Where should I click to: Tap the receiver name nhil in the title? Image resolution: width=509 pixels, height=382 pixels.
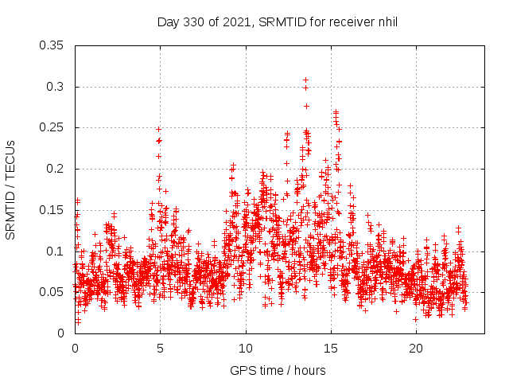[385, 21]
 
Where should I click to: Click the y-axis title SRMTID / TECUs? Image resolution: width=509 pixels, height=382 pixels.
[10, 189]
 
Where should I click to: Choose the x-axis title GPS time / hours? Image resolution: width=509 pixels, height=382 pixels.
[278, 370]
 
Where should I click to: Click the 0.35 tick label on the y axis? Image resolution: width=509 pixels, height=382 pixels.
[52, 45]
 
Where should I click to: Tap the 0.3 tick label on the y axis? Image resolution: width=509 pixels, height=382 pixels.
[56, 87]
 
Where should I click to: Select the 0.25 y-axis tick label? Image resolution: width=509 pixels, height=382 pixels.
[52, 128]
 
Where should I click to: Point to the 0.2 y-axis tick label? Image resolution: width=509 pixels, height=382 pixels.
[56, 169]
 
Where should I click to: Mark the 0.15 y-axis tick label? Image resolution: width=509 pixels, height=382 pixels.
[52, 210]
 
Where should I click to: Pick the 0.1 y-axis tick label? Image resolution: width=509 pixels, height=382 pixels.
[56, 251]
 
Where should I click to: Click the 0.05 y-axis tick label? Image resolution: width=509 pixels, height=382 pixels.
[52, 292]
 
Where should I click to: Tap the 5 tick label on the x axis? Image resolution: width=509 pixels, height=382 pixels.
[160, 349]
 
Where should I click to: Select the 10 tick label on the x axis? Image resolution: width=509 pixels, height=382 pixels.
[246, 349]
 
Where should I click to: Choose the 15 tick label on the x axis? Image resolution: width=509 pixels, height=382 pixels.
[331, 349]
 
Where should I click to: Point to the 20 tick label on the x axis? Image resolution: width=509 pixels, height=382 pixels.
[416, 349]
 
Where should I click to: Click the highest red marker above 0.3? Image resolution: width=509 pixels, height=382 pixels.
[305, 80]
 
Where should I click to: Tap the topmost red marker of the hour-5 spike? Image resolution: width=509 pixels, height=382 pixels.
[159, 129]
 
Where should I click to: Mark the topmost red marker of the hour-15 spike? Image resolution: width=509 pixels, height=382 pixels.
[336, 112]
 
